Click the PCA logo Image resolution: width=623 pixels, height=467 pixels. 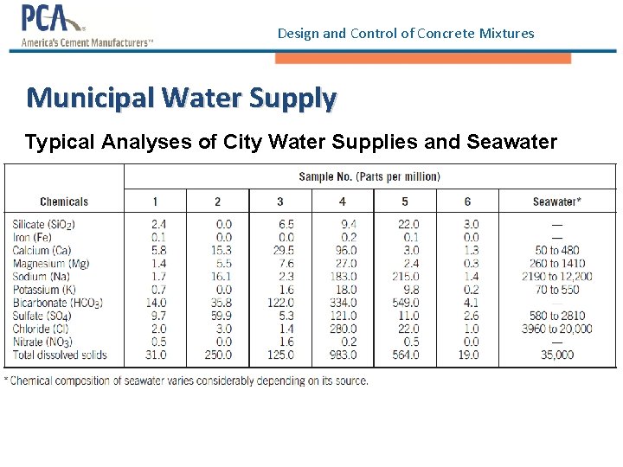pyautogui.click(x=87, y=27)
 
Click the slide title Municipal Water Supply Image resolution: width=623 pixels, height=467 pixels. pyautogui.click(x=181, y=97)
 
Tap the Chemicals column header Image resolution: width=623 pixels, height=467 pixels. pyautogui.click(x=64, y=202)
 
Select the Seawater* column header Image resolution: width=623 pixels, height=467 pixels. pyautogui.click(x=556, y=202)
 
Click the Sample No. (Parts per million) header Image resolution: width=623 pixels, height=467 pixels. pyautogui.click(x=369, y=176)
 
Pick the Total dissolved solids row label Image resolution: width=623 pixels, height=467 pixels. pyautogui.click(x=60, y=355)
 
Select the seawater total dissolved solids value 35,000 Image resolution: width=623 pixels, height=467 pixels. pyautogui.click(x=556, y=355)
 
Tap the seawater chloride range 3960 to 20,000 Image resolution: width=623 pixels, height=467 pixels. pyautogui.click(x=556, y=329)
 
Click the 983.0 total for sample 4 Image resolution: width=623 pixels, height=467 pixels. pyautogui.click(x=342, y=355)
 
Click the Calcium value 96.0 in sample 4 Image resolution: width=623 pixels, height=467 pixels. pyautogui.click(x=344, y=250)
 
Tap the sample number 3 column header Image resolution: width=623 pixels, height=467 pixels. pyautogui.click(x=279, y=202)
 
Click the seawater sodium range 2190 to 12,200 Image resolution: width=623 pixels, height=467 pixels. pyautogui.click(x=556, y=276)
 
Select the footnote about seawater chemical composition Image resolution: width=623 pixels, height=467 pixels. pyautogui.click(x=186, y=381)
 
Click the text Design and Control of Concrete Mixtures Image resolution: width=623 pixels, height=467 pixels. pyautogui.click(x=406, y=34)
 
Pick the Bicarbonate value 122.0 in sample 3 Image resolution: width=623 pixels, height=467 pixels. pyautogui.click(x=279, y=303)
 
